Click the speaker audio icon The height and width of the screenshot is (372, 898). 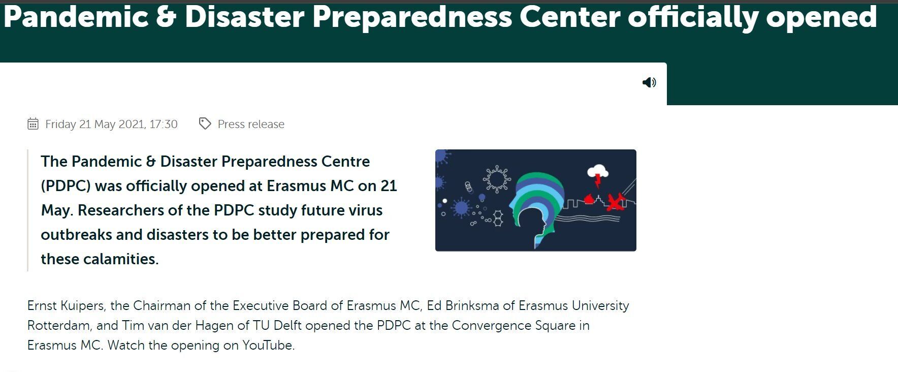point(649,82)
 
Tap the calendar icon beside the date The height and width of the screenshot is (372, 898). point(33,123)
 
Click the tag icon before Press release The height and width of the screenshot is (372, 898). point(205,123)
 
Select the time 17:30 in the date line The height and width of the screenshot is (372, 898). point(164,124)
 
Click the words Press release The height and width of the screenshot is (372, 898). point(251,124)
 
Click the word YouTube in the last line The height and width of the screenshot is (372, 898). point(268,346)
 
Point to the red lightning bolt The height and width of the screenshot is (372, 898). point(598,180)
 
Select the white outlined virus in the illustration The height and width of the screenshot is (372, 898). point(496,178)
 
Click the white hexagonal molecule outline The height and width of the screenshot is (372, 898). point(498,218)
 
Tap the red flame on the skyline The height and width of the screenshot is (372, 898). point(589,198)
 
